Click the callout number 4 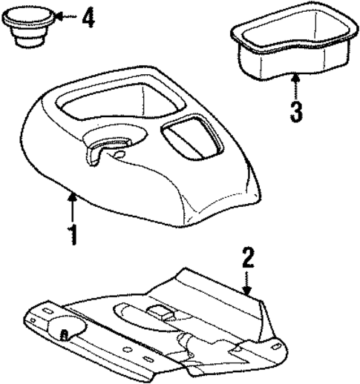tap(88, 17)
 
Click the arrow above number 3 tap(295, 87)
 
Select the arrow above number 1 tap(71, 203)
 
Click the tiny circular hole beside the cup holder tap(120, 155)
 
